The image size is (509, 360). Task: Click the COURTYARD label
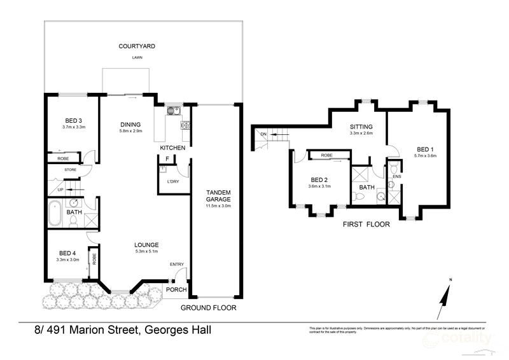tap(137, 46)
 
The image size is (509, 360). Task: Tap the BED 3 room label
tap(74, 121)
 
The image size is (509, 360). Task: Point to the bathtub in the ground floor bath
tap(54, 213)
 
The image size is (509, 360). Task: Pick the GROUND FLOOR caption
tap(208, 307)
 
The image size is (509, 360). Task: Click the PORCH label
tap(176, 290)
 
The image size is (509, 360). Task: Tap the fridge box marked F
tap(167, 158)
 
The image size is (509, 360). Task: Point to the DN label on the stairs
tap(263, 134)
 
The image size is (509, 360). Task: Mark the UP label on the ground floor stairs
tap(60, 190)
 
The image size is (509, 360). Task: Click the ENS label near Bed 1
tap(396, 176)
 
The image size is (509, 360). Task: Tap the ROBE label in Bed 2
tap(326, 155)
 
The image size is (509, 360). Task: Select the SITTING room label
tap(360, 127)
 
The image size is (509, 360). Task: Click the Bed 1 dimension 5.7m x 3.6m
tap(424, 155)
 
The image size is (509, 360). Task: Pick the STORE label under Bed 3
tap(70, 170)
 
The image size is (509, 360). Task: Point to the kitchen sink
tap(171, 111)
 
